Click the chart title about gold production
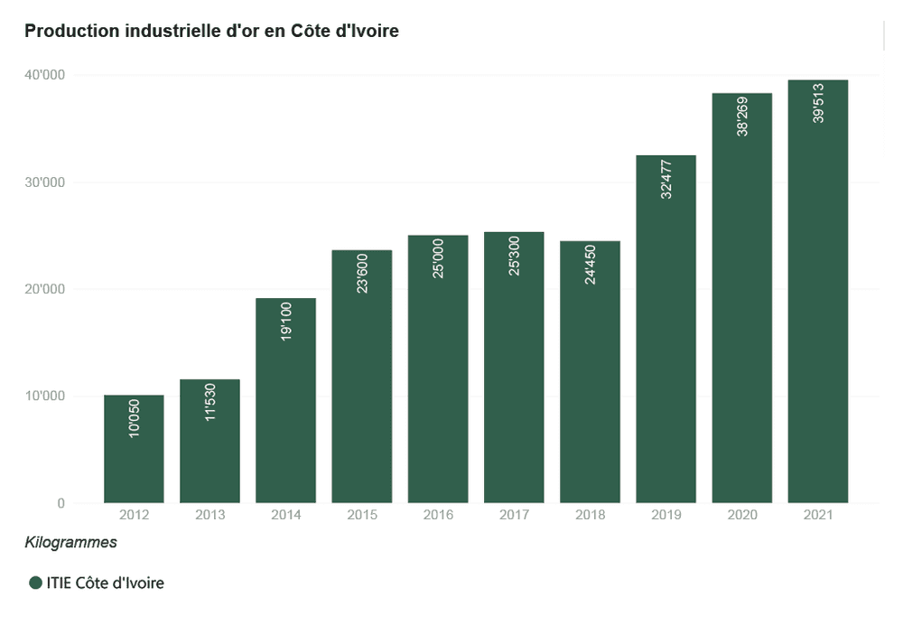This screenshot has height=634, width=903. click(211, 31)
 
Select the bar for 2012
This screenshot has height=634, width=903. click(134, 449)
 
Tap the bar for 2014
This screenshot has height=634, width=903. click(285, 400)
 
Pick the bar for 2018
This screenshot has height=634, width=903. click(590, 372)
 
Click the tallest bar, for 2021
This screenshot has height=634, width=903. click(818, 292)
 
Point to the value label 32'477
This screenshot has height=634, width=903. click(666, 180)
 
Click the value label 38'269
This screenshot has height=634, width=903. click(742, 117)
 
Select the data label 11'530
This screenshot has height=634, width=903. click(210, 402)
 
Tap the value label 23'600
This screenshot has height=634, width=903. click(362, 274)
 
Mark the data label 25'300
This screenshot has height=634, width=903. click(515, 256)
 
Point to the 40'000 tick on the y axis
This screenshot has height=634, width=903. click(44, 75)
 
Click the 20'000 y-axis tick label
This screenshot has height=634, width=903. click(44, 289)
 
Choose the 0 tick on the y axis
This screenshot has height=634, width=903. click(61, 503)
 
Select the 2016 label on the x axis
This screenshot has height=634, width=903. click(438, 515)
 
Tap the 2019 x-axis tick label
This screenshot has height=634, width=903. click(666, 515)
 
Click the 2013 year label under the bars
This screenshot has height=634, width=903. click(210, 515)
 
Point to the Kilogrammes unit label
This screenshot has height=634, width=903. click(70, 543)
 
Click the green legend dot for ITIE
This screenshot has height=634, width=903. click(36, 583)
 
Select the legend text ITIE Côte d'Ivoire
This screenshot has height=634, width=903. click(106, 583)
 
